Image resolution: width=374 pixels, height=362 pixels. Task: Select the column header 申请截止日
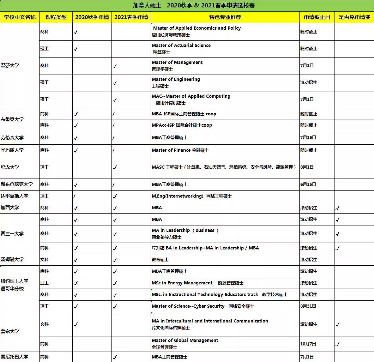pyautogui.click(x=316, y=17)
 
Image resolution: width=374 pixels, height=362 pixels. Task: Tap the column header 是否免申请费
pyautogui.click(x=354, y=17)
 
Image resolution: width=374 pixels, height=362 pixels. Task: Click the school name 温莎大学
pyautogui.click(x=10, y=66)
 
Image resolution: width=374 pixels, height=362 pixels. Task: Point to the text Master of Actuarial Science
pyautogui.click(x=181, y=46)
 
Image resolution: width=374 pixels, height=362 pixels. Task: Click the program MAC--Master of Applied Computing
pyautogui.click(x=191, y=96)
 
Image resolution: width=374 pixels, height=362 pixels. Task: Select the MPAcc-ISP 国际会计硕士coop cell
pyautogui.click(x=182, y=125)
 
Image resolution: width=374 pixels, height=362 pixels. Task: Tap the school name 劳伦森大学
pyautogui.click(x=12, y=138)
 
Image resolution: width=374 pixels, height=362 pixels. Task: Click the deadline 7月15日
pyautogui.click(x=308, y=138)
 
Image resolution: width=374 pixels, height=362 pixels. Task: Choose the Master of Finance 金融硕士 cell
pyautogui.click(x=180, y=150)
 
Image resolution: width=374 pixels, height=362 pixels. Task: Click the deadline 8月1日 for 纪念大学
pyautogui.click(x=307, y=167)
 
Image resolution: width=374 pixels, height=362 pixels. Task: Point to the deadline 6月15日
pyautogui.click(x=308, y=185)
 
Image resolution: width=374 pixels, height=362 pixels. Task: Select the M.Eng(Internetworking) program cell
pyautogui.click(x=192, y=196)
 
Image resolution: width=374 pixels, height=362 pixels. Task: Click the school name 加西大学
pyautogui.click(x=10, y=208)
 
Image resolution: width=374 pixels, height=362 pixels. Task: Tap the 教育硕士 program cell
pyautogui.click(x=160, y=260)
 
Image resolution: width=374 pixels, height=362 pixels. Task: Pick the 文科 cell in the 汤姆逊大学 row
pyautogui.click(x=44, y=260)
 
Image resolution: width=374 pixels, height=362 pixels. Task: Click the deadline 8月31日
pyautogui.click(x=308, y=306)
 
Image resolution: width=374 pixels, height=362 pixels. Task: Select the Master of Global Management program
pyautogui.click(x=185, y=340)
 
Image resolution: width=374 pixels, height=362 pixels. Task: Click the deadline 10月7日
pyautogui.click(x=308, y=344)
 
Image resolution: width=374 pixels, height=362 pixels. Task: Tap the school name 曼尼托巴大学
pyautogui.click(x=14, y=357)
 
